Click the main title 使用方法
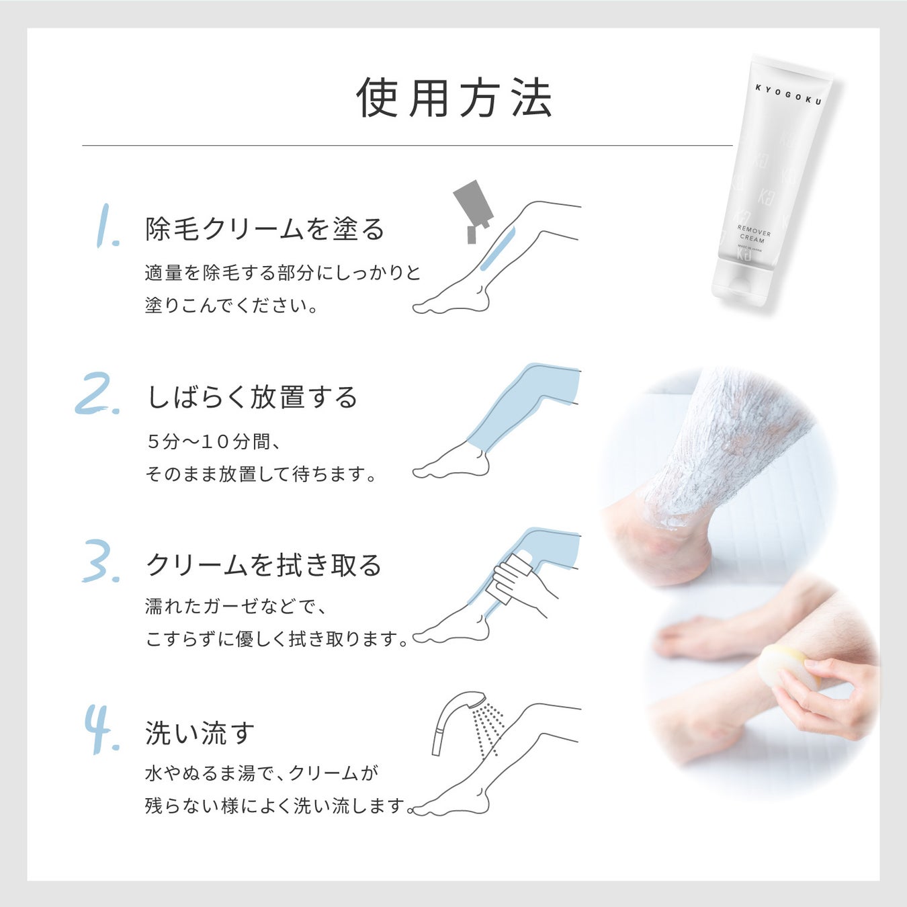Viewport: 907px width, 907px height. (454, 99)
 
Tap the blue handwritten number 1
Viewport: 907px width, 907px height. (106, 226)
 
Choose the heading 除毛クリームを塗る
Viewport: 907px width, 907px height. (265, 229)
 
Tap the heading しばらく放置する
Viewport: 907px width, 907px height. (252, 397)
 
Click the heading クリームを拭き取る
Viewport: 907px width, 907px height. (263, 565)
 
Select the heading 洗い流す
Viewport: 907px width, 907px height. (200, 733)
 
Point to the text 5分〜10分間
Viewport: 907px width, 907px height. (214, 441)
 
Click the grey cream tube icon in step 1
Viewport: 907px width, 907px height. (474, 206)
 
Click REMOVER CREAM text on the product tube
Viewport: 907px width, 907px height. (753, 234)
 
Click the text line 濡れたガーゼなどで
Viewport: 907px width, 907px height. (235, 607)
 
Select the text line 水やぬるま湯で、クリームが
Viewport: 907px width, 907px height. (261, 773)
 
